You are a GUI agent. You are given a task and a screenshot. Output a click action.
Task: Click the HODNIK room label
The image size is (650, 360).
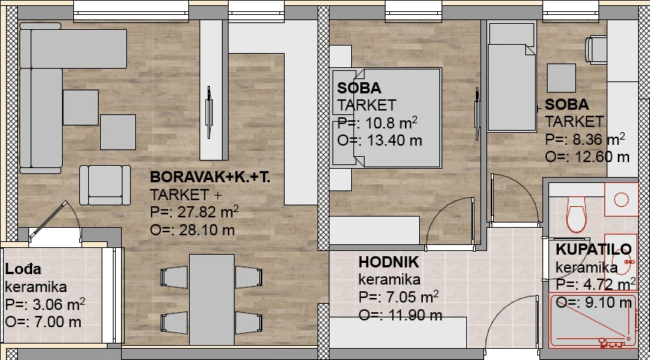[389, 262]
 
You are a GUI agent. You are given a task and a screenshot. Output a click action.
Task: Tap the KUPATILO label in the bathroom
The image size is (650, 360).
[594, 249]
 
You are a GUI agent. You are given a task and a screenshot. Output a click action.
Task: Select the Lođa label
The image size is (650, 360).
[23, 270]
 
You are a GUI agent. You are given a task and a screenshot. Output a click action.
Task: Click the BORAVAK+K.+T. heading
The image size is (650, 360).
[210, 177]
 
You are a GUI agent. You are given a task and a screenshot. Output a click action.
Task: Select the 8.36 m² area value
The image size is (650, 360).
[598, 139]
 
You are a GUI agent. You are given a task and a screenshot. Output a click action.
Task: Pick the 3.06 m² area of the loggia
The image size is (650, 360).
[58, 304]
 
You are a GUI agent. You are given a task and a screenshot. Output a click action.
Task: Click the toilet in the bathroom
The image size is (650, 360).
[576, 214]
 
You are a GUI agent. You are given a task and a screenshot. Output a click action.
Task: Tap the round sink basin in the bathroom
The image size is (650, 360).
[621, 199]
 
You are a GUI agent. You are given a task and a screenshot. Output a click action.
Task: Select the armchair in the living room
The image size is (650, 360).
[105, 185]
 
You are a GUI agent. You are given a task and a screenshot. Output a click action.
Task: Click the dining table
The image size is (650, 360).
[212, 300]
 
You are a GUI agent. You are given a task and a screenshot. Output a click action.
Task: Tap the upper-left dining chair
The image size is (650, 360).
[174, 277]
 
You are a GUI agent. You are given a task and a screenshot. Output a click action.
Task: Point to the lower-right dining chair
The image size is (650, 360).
[249, 322]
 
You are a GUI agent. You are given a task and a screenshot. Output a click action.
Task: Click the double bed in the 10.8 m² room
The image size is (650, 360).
[387, 118]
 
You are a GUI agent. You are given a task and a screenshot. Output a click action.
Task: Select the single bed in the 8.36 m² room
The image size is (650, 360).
[512, 77]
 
